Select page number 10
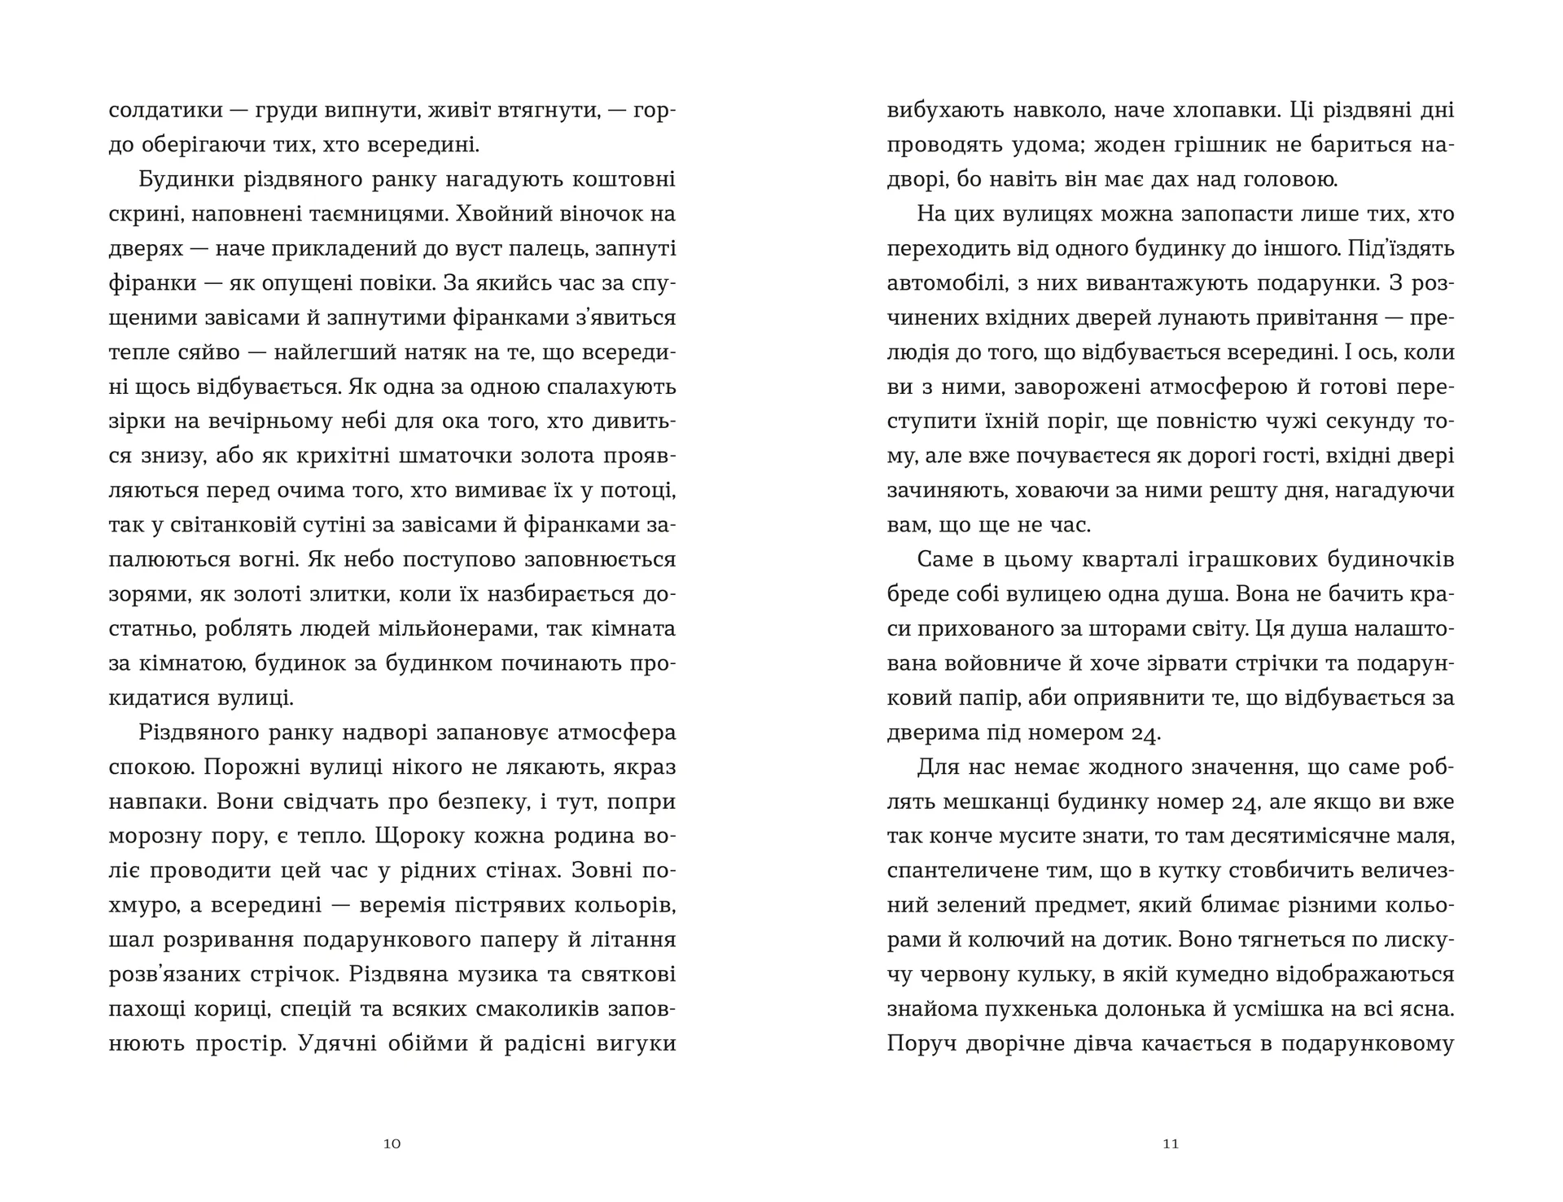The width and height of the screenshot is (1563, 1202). tap(392, 1143)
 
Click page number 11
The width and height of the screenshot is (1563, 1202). tap(1171, 1143)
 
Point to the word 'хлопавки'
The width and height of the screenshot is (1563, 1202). tap(1216, 111)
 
